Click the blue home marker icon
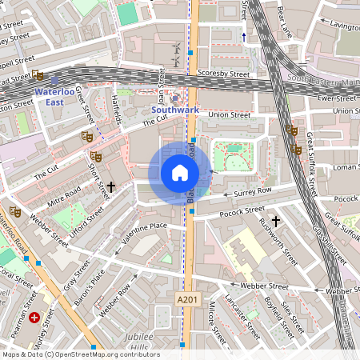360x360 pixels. click(180, 173)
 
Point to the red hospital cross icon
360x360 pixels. click(34, 318)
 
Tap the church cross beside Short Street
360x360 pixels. click(111, 186)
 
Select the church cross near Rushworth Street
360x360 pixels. click(276, 220)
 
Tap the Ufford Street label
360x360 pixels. click(86, 223)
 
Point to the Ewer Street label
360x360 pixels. click(336, 98)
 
